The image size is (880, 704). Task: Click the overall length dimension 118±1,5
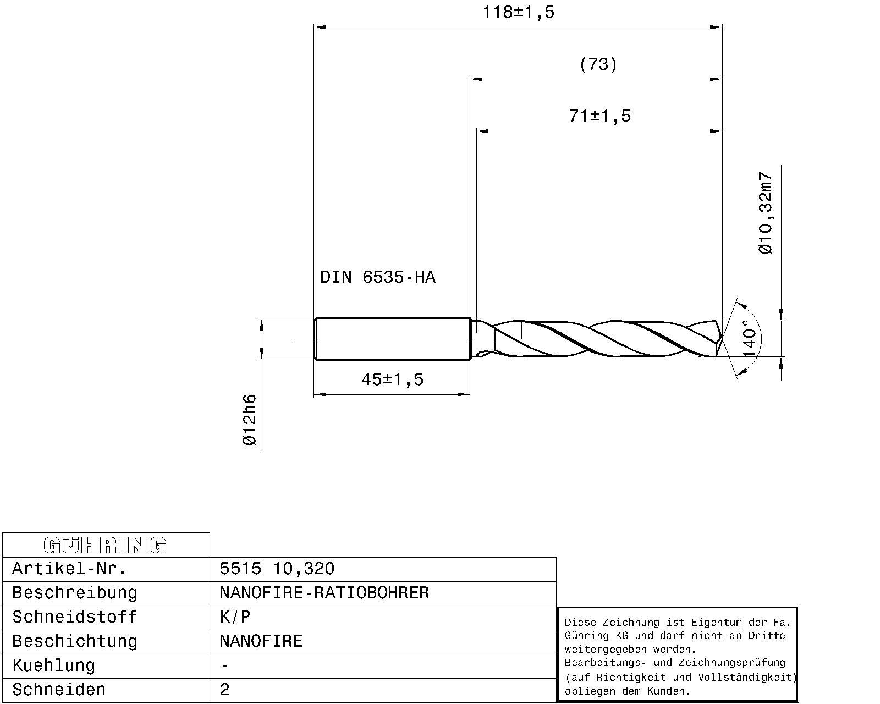(x=518, y=12)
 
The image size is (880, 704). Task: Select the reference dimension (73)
(x=598, y=65)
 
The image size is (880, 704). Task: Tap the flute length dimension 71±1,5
(x=599, y=116)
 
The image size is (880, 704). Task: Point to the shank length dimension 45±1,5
(x=392, y=380)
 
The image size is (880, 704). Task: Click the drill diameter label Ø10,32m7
(x=766, y=213)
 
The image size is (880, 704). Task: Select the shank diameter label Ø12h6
(x=249, y=420)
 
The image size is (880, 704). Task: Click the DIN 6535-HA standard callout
(x=377, y=277)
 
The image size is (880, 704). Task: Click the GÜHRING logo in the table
(x=105, y=545)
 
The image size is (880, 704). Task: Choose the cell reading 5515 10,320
(x=277, y=569)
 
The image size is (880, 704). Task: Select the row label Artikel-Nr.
(x=69, y=569)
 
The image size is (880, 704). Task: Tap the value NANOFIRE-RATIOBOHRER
(x=323, y=593)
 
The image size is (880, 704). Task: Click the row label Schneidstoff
(x=74, y=617)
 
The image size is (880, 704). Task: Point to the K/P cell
(x=235, y=617)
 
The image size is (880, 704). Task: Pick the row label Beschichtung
(x=74, y=641)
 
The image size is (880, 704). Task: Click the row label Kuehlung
(x=53, y=665)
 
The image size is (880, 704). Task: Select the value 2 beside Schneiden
(x=224, y=690)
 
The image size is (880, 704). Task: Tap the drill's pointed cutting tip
(x=720, y=339)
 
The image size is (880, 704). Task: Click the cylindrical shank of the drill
(x=392, y=339)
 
